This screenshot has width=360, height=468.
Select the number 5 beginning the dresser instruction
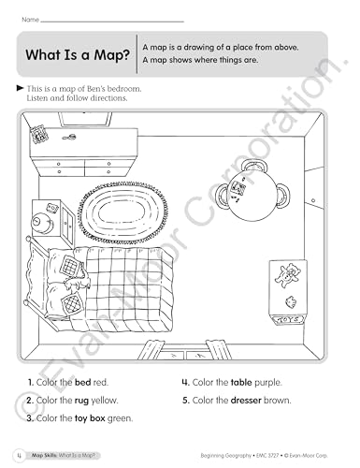click(184, 400)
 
